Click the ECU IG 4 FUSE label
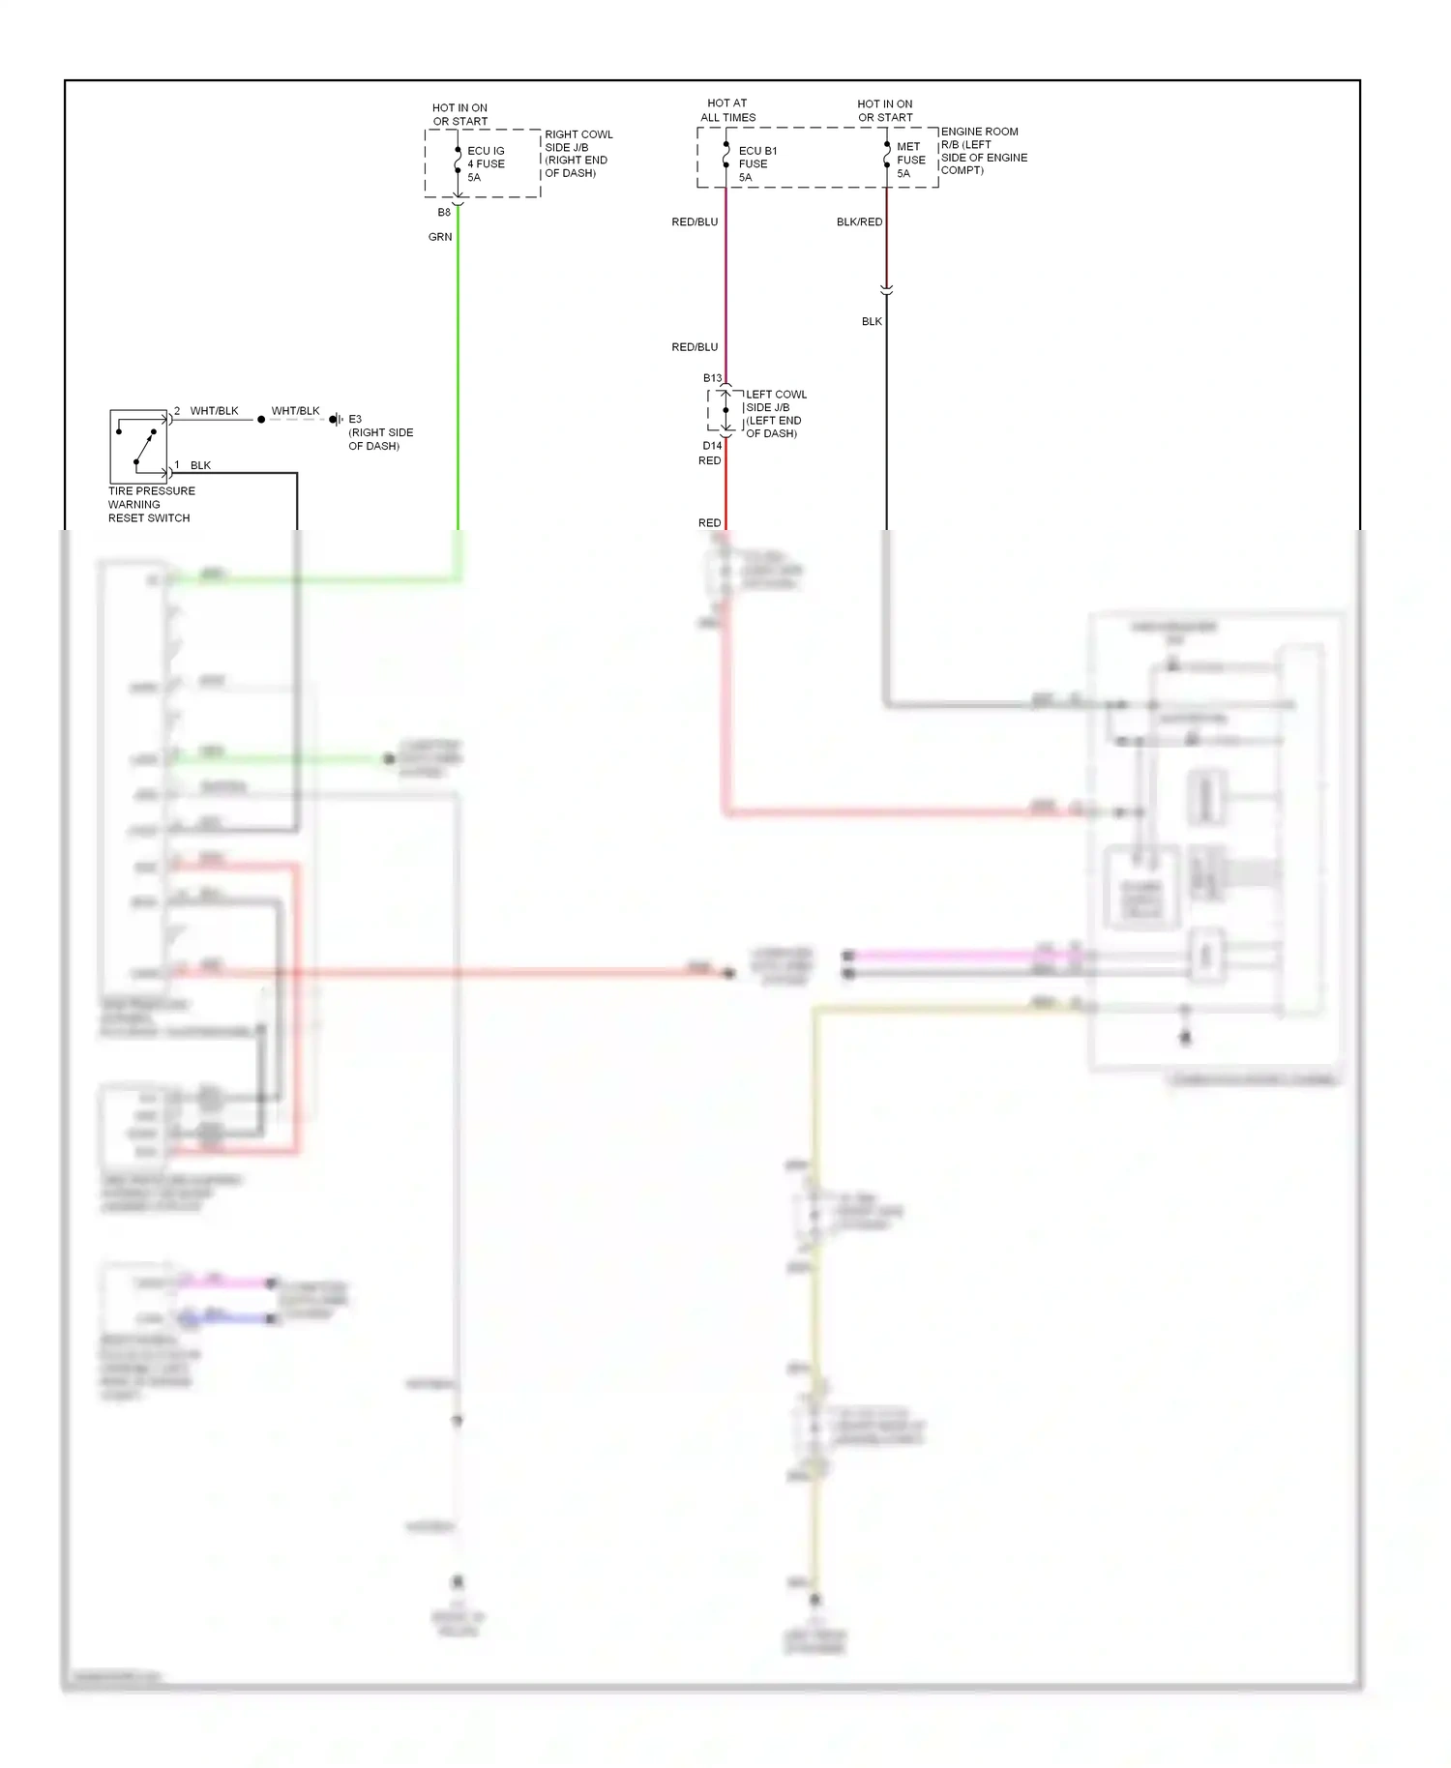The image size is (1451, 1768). [486, 163]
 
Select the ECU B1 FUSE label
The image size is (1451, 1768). [756, 163]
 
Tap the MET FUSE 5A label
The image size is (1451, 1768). [910, 161]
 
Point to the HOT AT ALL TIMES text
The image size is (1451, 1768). [727, 110]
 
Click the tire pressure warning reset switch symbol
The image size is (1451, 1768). [138, 447]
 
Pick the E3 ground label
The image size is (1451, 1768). [355, 420]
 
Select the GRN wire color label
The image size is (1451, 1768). [440, 237]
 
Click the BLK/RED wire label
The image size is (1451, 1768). [859, 222]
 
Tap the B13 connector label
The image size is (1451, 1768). [712, 378]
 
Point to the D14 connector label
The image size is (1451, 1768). [712, 446]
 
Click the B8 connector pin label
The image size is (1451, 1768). [444, 213]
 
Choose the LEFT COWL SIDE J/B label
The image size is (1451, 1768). [775, 414]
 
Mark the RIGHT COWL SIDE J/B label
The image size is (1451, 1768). [577, 154]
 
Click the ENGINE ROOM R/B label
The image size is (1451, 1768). [983, 151]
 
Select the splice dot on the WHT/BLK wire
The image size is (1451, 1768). [261, 420]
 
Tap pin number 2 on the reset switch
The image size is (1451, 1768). [177, 411]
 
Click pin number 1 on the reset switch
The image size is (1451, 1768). [177, 465]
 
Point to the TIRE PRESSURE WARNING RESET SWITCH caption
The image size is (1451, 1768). [151, 505]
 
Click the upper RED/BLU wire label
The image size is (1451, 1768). [695, 222]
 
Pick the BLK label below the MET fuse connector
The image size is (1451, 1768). [872, 322]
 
